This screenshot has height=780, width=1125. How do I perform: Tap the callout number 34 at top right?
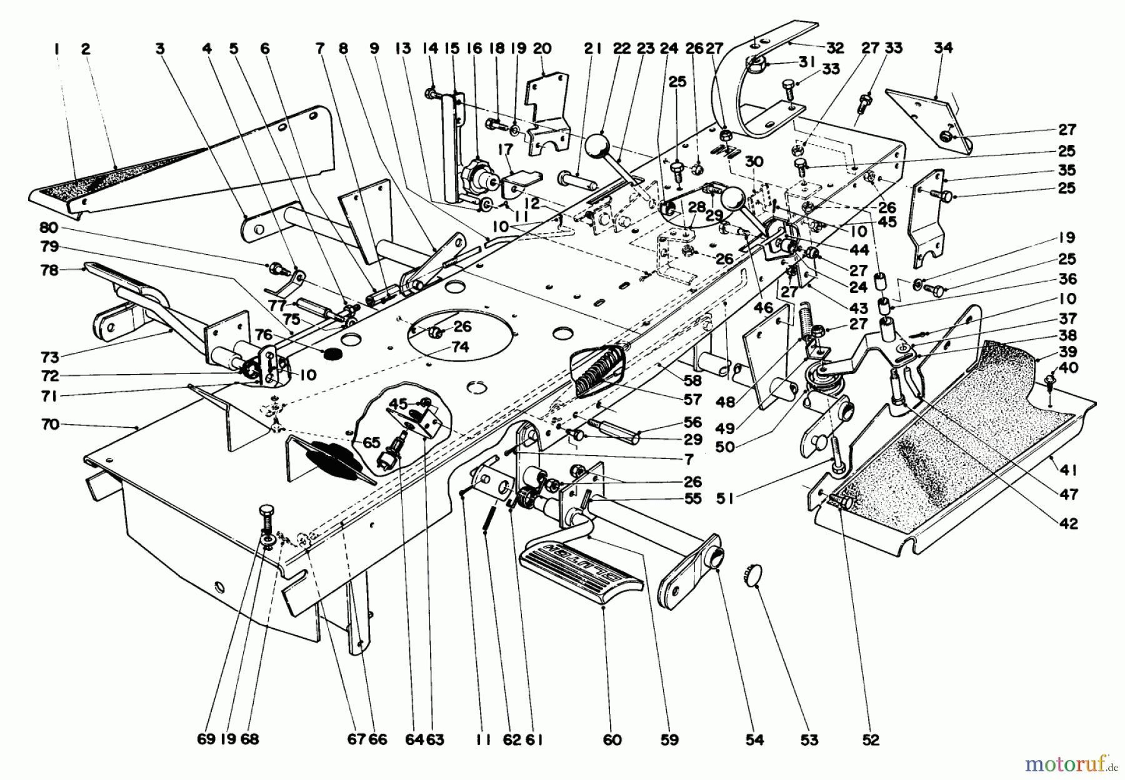(942, 48)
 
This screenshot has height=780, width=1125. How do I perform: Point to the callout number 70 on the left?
(49, 425)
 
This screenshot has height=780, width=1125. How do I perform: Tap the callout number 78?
(49, 270)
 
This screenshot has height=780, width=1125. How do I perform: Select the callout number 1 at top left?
(57, 48)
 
